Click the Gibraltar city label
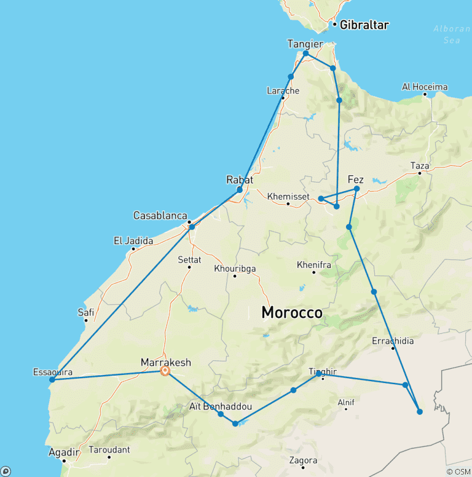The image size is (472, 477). pyautogui.click(x=364, y=25)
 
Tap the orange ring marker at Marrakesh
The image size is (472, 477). pyautogui.click(x=165, y=371)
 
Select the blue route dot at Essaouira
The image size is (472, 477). pyautogui.click(x=52, y=379)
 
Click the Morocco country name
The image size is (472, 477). pyautogui.click(x=291, y=312)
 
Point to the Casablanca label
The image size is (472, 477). pyautogui.click(x=160, y=216)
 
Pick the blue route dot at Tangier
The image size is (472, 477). pyautogui.click(x=305, y=53)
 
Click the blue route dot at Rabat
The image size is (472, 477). pyautogui.click(x=240, y=189)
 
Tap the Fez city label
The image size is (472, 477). pyautogui.click(x=356, y=179)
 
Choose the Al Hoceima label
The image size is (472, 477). pyautogui.click(x=425, y=87)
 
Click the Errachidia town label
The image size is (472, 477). pyautogui.click(x=393, y=341)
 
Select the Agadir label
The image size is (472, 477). pyautogui.click(x=64, y=453)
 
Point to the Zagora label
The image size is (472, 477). pyautogui.click(x=304, y=460)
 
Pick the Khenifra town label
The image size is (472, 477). pyautogui.click(x=313, y=264)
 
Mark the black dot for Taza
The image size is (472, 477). pyautogui.click(x=420, y=173)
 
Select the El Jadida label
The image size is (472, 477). pyautogui.click(x=133, y=241)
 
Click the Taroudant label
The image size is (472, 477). pyautogui.click(x=109, y=449)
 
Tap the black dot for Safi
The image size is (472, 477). pyautogui.click(x=86, y=320)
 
